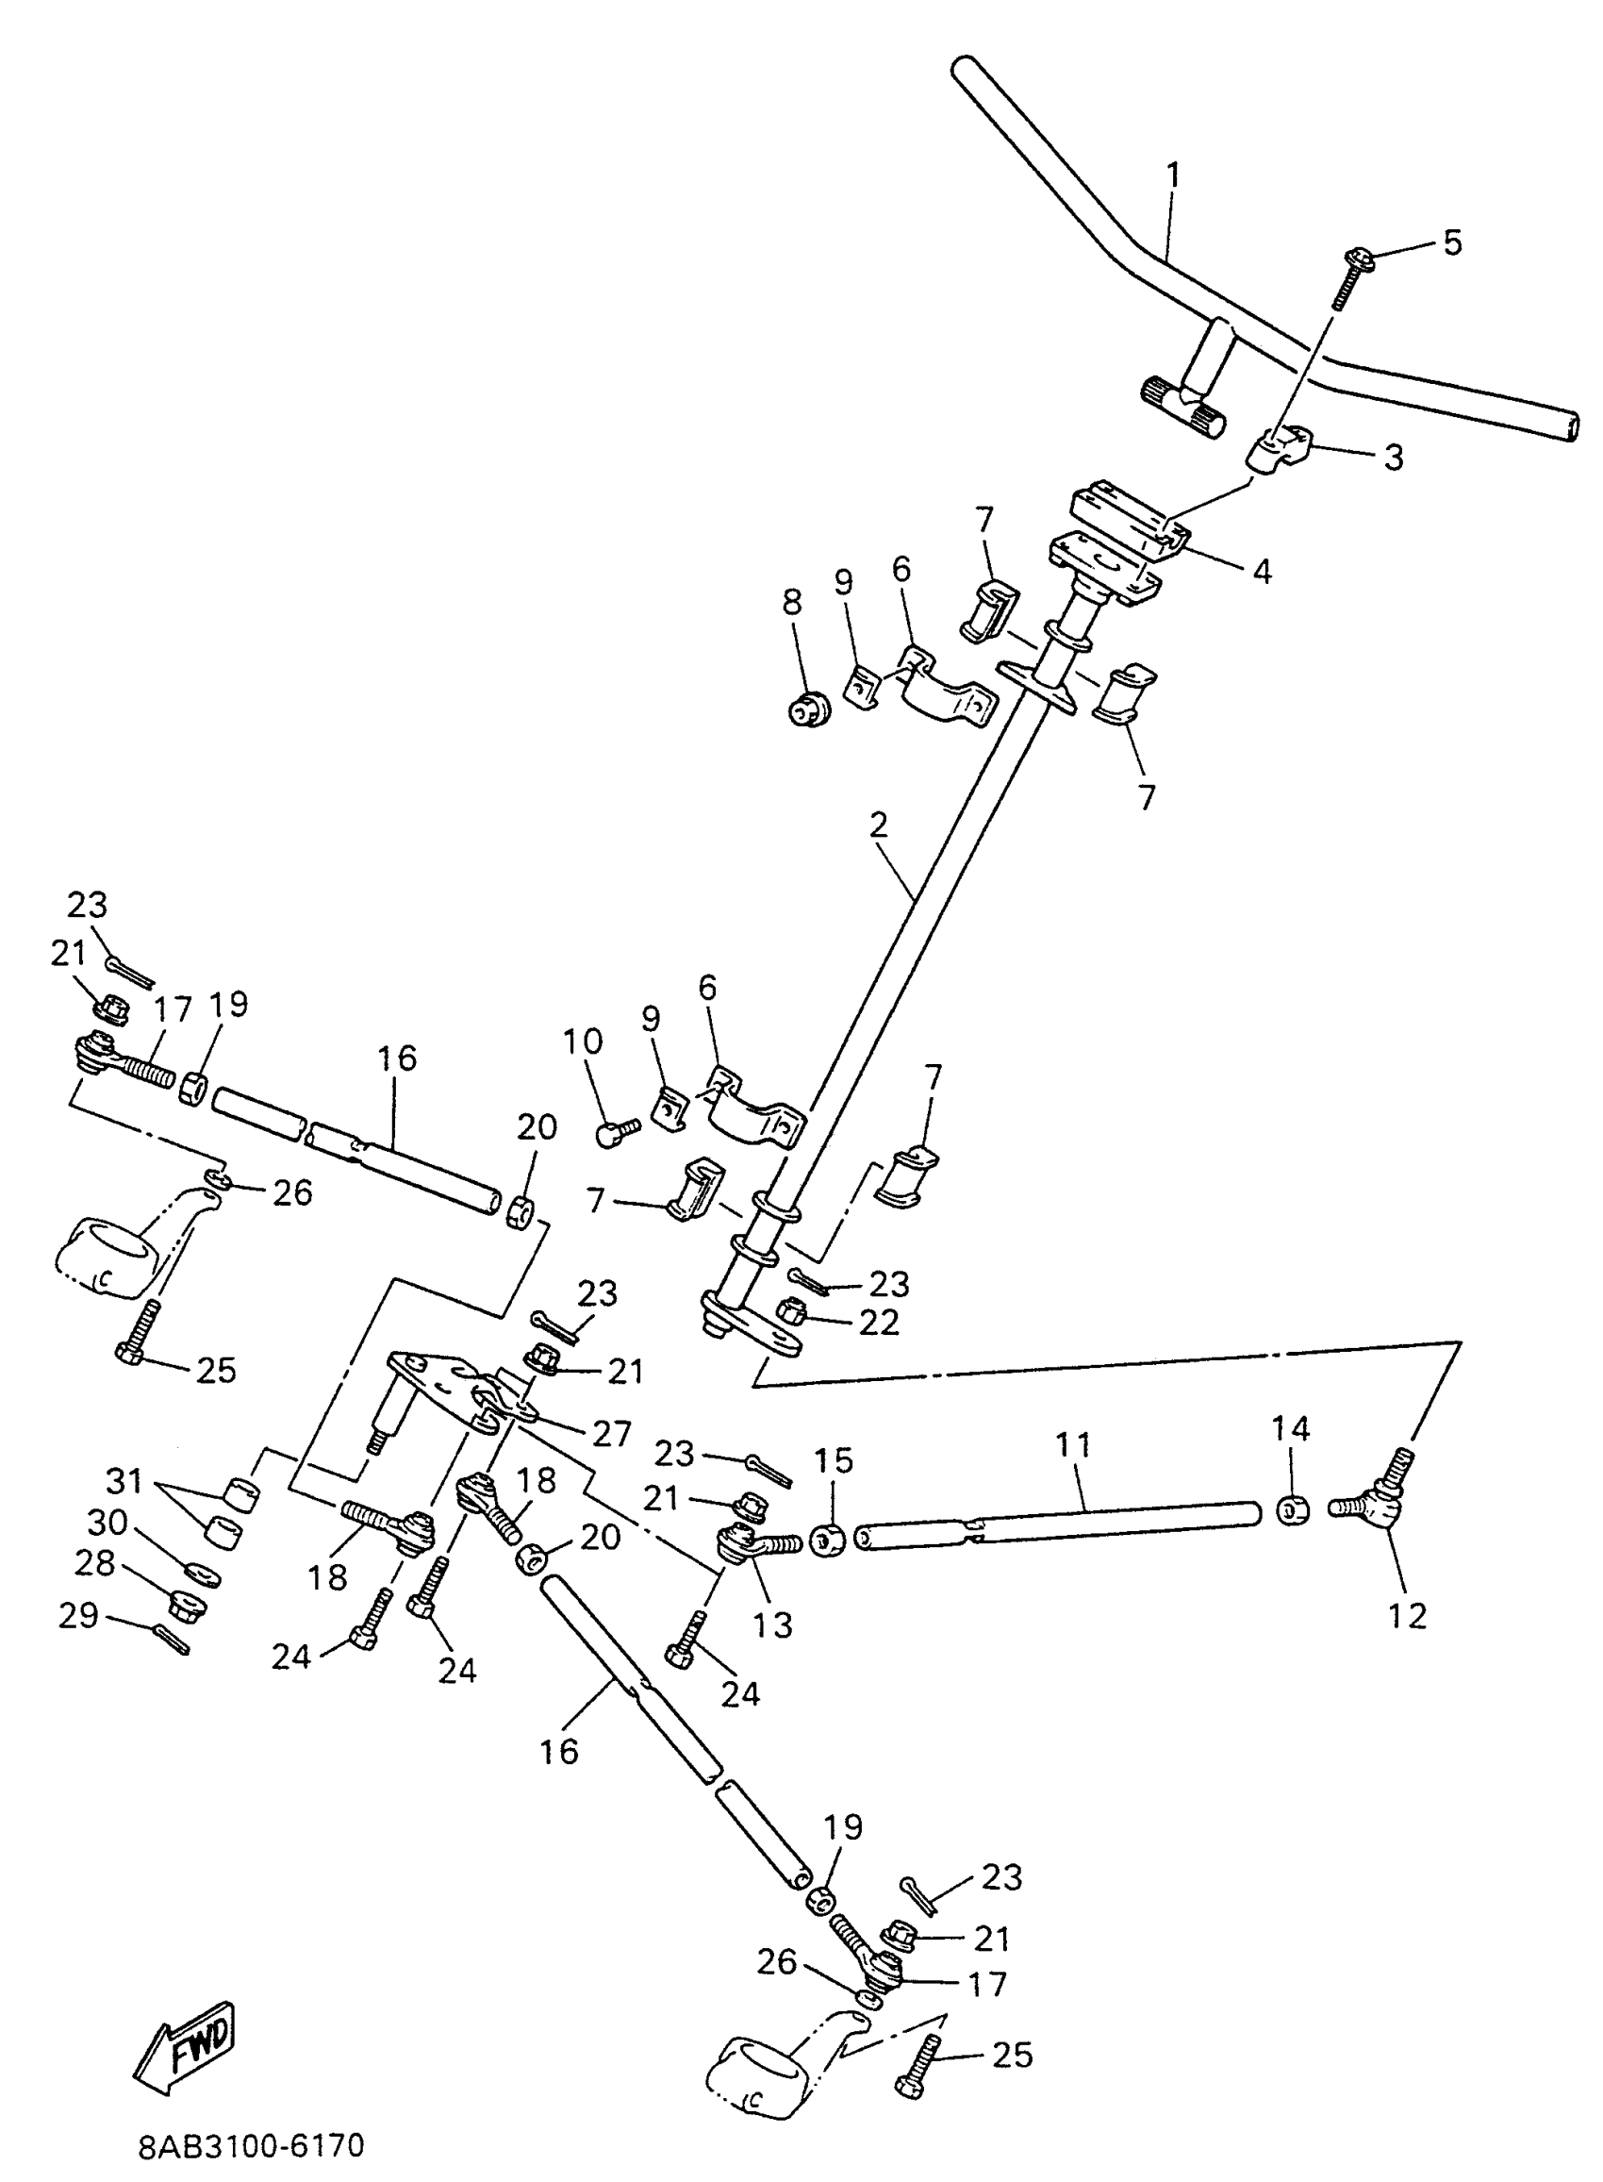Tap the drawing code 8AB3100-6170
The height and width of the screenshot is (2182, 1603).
click(x=252, y=2144)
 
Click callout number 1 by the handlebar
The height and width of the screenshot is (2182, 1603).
click(x=1174, y=175)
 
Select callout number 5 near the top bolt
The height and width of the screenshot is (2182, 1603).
click(x=1451, y=242)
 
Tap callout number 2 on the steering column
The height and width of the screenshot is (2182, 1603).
click(x=878, y=826)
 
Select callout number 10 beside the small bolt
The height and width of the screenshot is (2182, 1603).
click(x=582, y=1042)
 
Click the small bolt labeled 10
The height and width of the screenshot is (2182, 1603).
click(x=616, y=1132)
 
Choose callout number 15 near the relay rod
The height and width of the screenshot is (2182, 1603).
click(x=834, y=1461)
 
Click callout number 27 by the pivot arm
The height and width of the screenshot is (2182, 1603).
click(x=611, y=1433)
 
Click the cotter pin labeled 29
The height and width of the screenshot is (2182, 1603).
click(x=171, y=1641)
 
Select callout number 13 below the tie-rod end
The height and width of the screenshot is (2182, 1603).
click(x=773, y=1624)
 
